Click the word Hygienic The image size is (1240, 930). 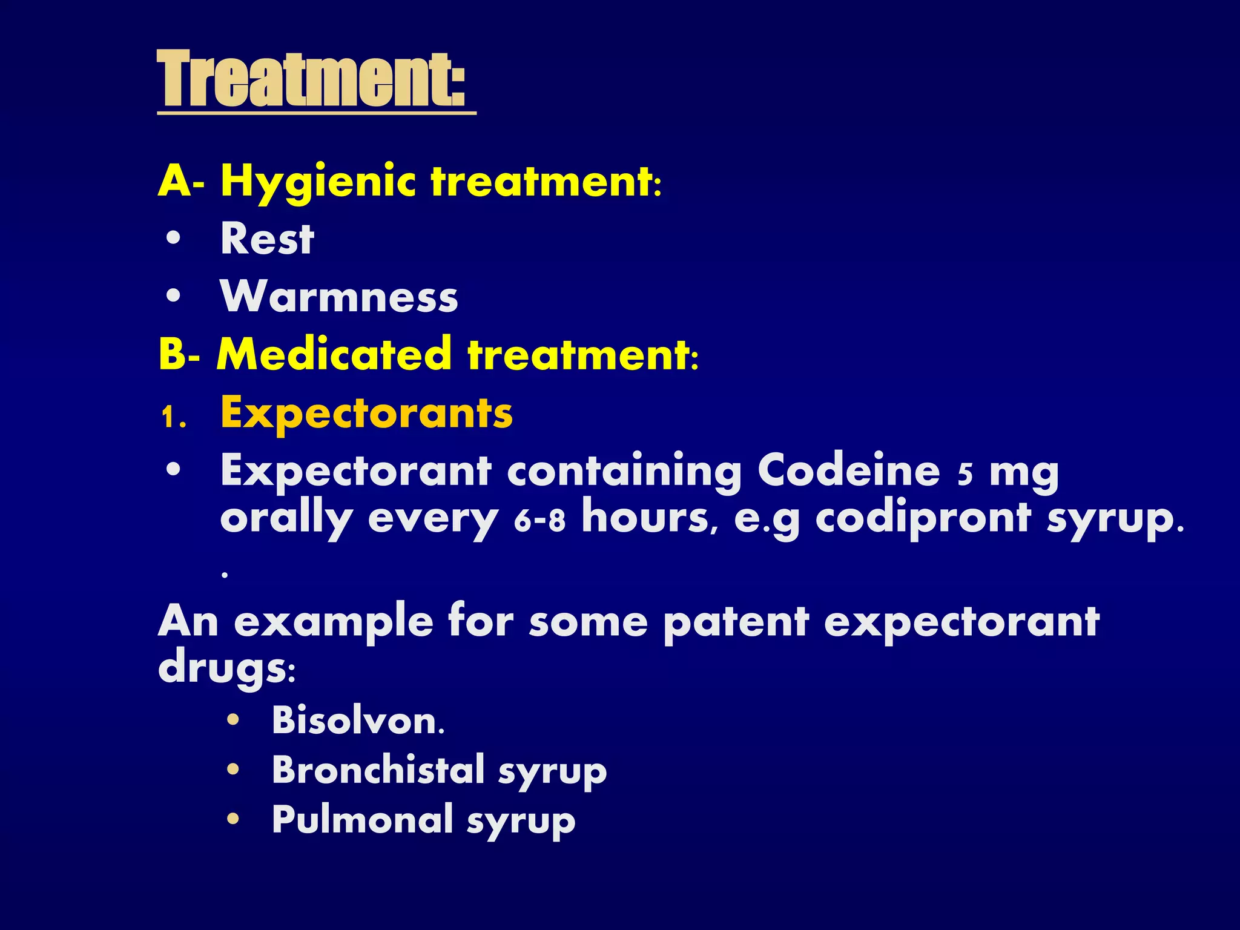coord(318,182)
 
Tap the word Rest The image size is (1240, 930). coord(267,239)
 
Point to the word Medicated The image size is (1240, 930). coord(334,354)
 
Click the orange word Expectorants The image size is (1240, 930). coord(366,413)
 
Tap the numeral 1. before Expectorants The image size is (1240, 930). coord(173,417)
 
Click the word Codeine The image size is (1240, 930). coord(849,470)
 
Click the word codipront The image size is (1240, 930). coord(923,518)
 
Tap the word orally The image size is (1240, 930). coord(286,519)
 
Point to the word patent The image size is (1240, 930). coord(736,622)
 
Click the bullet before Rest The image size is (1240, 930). coord(173,239)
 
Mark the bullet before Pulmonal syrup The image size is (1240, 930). coord(233,819)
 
